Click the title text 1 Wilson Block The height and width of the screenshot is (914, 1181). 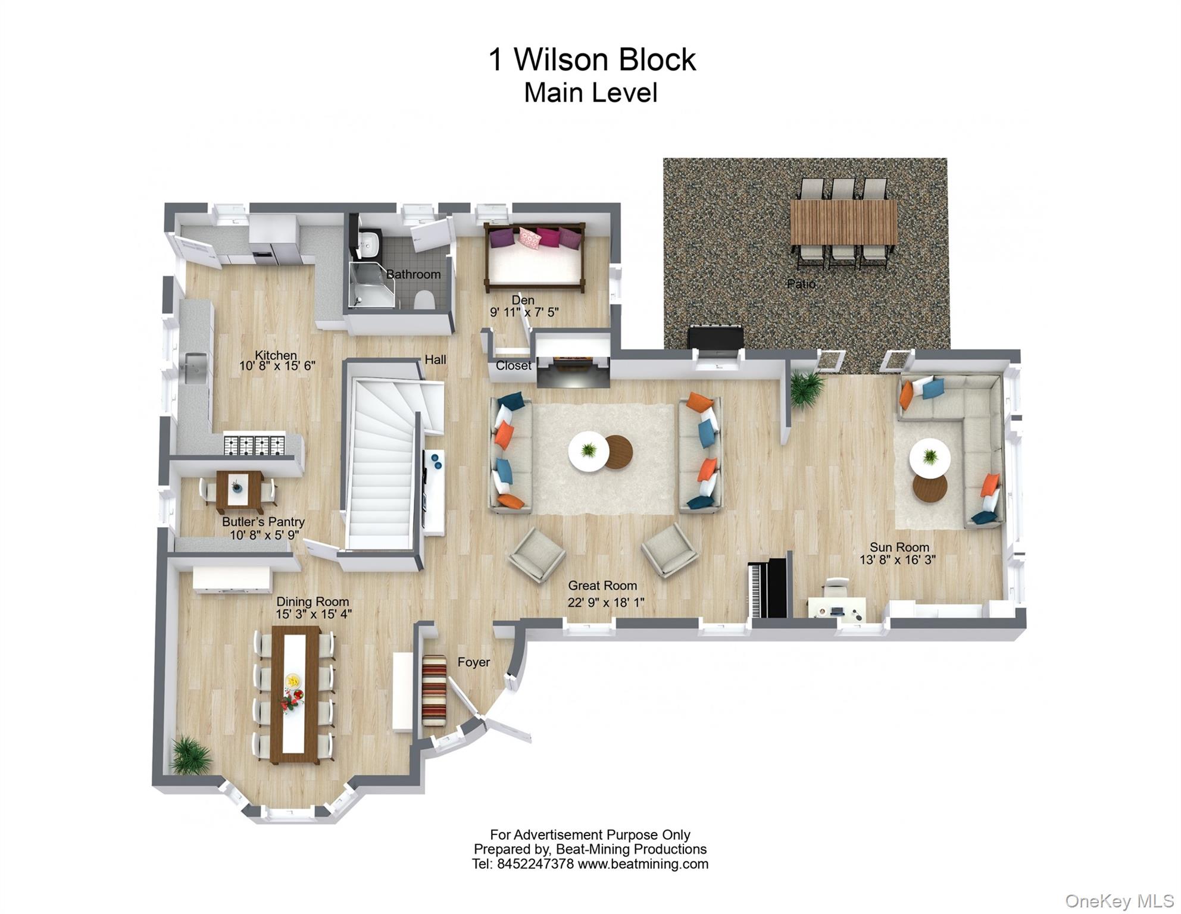pyautogui.click(x=592, y=60)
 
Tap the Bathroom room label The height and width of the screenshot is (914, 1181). pyautogui.click(x=413, y=274)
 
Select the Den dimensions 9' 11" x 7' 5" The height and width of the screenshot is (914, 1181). pyautogui.click(x=524, y=312)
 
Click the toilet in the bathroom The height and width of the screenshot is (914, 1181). pyautogui.click(x=424, y=301)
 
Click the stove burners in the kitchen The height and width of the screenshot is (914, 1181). pyautogui.click(x=254, y=445)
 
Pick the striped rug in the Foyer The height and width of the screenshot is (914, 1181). pyautogui.click(x=434, y=690)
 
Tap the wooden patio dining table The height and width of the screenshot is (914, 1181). pyautogui.click(x=843, y=222)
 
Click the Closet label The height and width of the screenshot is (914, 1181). pyautogui.click(x=513, y=365)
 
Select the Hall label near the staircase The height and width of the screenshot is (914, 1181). pyautogui.click(x=435, y=359)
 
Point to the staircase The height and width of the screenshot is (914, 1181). pyautogui.click(x=382, y=464)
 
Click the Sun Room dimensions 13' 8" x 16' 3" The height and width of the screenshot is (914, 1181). pyautogui.click(x=897, y=559)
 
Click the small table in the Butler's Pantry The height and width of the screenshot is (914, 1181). pyautogui.click(x=239, y=489)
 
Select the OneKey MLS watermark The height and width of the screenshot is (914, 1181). pyautogui.click(x=1119, y=901)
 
